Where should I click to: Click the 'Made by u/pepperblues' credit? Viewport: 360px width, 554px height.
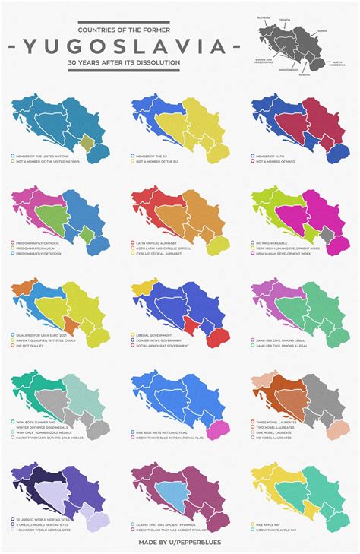coord(180,543)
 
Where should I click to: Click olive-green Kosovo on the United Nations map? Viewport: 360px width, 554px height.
coord(87,141)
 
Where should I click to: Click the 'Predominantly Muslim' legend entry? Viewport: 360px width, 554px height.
coord(38,248)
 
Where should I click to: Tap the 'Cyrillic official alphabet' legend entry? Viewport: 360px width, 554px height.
coord(163,254)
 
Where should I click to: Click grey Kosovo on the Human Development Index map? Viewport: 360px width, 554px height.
coord(327,234)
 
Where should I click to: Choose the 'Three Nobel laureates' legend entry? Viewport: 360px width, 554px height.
coord(277,422)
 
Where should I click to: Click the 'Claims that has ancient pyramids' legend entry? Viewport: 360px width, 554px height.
coord(168,524)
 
